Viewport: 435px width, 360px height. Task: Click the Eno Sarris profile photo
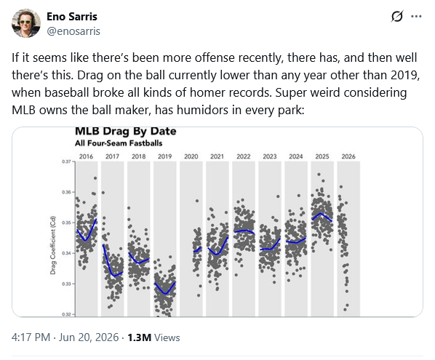[26, 23]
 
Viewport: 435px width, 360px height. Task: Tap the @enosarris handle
[73, 31]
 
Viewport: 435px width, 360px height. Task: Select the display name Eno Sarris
[72, 17]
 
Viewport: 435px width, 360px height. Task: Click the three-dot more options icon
[416, 17]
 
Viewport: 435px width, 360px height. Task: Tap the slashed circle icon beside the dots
[397, 17]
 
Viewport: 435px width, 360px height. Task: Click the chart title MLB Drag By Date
[126, 131]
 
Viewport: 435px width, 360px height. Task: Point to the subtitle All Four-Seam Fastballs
[119, 143]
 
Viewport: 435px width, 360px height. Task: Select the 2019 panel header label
[165, 156]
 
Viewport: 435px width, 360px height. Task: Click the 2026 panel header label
[348, 156]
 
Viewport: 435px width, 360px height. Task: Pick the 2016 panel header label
[86, 156]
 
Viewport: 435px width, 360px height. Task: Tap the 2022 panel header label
[244, 156]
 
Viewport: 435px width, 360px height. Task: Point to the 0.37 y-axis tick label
[66, 161]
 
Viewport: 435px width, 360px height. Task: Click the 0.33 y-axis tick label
[66, 284]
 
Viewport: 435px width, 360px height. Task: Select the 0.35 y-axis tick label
[66, 223]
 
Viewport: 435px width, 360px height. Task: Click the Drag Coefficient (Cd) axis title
[52, 245]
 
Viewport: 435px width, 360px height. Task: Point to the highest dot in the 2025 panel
[319, 175]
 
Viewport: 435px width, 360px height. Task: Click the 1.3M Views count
[153, 337]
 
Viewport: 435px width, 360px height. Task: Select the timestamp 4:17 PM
[31, 337]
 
